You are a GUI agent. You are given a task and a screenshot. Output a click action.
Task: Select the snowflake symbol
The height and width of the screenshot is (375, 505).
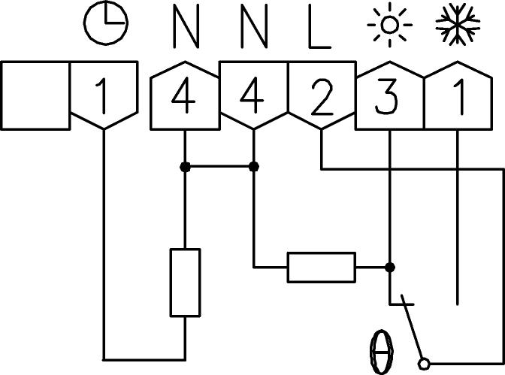[458, 25]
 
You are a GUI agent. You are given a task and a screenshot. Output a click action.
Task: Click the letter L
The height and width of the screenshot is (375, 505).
[319, 27]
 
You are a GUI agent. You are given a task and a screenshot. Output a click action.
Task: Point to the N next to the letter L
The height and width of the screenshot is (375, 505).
[254, 27]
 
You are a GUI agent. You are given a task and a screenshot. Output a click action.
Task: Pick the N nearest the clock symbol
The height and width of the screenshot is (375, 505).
[185, 27]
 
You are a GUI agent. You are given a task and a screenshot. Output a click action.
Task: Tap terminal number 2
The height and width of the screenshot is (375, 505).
[321, 98]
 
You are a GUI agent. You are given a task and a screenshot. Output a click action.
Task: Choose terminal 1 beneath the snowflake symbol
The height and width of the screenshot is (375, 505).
[458, 98]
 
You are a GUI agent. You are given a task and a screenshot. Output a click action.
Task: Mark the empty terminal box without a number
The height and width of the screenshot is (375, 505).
[35, 95]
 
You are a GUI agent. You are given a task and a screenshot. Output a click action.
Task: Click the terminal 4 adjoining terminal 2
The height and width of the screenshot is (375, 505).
[253, 98]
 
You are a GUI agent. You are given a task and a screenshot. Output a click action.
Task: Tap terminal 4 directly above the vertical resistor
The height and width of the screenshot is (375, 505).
[185, 98]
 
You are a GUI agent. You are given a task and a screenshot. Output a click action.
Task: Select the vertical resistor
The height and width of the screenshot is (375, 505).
[185, 283]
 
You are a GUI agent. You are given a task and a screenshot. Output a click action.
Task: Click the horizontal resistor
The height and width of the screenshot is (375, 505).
[321, 267]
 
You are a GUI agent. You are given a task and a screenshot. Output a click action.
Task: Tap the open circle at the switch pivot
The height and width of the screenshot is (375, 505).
[425, 363]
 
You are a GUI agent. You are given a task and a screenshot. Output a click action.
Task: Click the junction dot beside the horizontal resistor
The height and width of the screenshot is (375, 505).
[389, 267]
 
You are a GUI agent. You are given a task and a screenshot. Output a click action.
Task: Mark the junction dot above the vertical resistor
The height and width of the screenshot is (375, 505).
[185, 166]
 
